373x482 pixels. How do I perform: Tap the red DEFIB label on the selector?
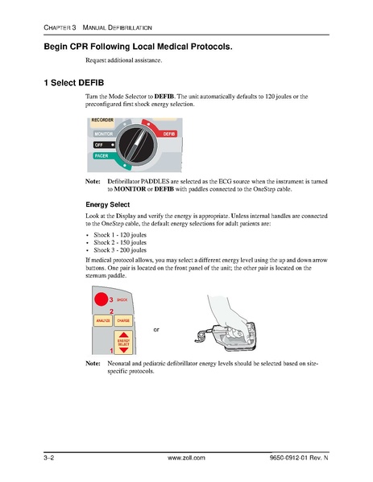[169, 133]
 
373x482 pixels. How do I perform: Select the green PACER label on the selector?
[101, 155]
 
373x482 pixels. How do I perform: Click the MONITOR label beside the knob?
[102, 133]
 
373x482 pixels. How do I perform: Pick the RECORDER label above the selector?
[102, 120]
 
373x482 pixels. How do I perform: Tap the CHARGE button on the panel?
[123, 320]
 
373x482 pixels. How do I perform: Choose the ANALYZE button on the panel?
[104, 320]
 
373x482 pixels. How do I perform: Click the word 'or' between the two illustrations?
[156, 329]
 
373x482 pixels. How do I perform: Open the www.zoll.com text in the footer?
[187, 457]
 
